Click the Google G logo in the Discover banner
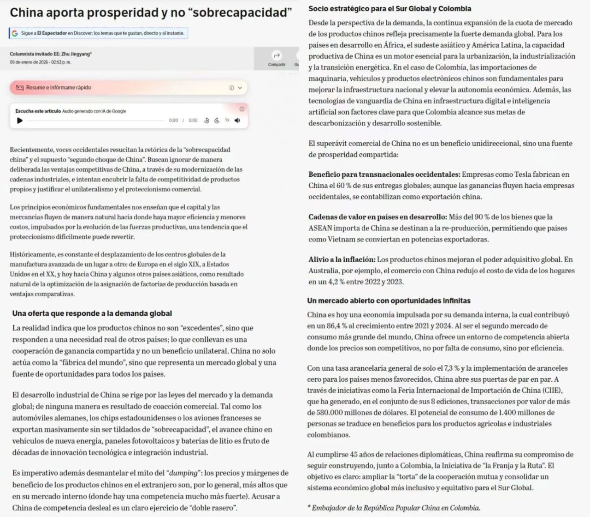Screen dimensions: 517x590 pyautogui.click(x=15, y=33)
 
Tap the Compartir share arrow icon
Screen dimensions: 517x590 pyautogui.click(x=277, y=55)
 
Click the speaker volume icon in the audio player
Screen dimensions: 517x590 pyautogui.click(x=237, y=120)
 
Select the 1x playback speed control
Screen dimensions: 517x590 pyautogui.click(x=227, y=120)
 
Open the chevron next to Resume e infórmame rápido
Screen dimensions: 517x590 pyautogui.click(x=240, y=88)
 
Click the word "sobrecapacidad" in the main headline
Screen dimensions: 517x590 pyautogui.click(x=240, y=12)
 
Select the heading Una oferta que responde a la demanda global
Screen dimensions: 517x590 pyautogui.click(x=92, y=313)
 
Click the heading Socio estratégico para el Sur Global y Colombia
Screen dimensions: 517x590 pyautogui.click(x=390, y=9)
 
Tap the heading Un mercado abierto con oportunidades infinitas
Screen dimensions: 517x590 pyautogui.click(x=389, y=301)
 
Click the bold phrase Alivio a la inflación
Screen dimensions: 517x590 pyautogui.click(x=342, y=259)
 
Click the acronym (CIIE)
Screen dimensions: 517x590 pyautogui.click(x=552, y=391)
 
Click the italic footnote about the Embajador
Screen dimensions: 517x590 pyautogui.click(x=394, y=508)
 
